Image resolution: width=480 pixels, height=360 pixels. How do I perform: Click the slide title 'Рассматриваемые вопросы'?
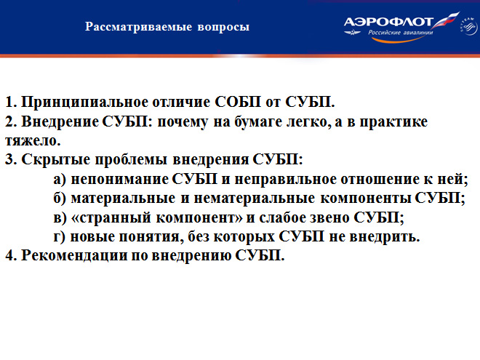tap(167, 27)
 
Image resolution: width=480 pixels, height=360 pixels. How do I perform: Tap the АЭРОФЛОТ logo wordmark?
tap(388, 22)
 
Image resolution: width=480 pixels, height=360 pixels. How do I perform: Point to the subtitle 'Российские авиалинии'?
tap(401, 33)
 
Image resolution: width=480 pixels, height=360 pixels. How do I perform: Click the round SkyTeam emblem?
tap(469, 26)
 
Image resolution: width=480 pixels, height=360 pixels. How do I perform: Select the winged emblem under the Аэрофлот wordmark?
tap(352, 32)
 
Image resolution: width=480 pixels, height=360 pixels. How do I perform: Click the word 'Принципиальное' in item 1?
tap(84, 102)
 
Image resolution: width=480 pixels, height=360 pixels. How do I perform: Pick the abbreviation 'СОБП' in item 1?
tap(238, 102)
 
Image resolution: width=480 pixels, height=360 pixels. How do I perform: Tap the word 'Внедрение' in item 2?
tap(60, 121)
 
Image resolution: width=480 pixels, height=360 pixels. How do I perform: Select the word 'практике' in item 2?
tap(393, 122)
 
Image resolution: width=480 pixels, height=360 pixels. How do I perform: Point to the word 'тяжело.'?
tap(33, 141)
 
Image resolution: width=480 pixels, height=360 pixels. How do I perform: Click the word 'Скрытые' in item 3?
tap(55, 160)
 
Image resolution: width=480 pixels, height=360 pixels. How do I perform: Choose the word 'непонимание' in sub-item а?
tap(119, 179)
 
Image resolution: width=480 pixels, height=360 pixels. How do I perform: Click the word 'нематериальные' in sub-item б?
tap(254, 199)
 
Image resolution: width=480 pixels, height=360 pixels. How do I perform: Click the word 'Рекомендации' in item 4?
tap(73, 256)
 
